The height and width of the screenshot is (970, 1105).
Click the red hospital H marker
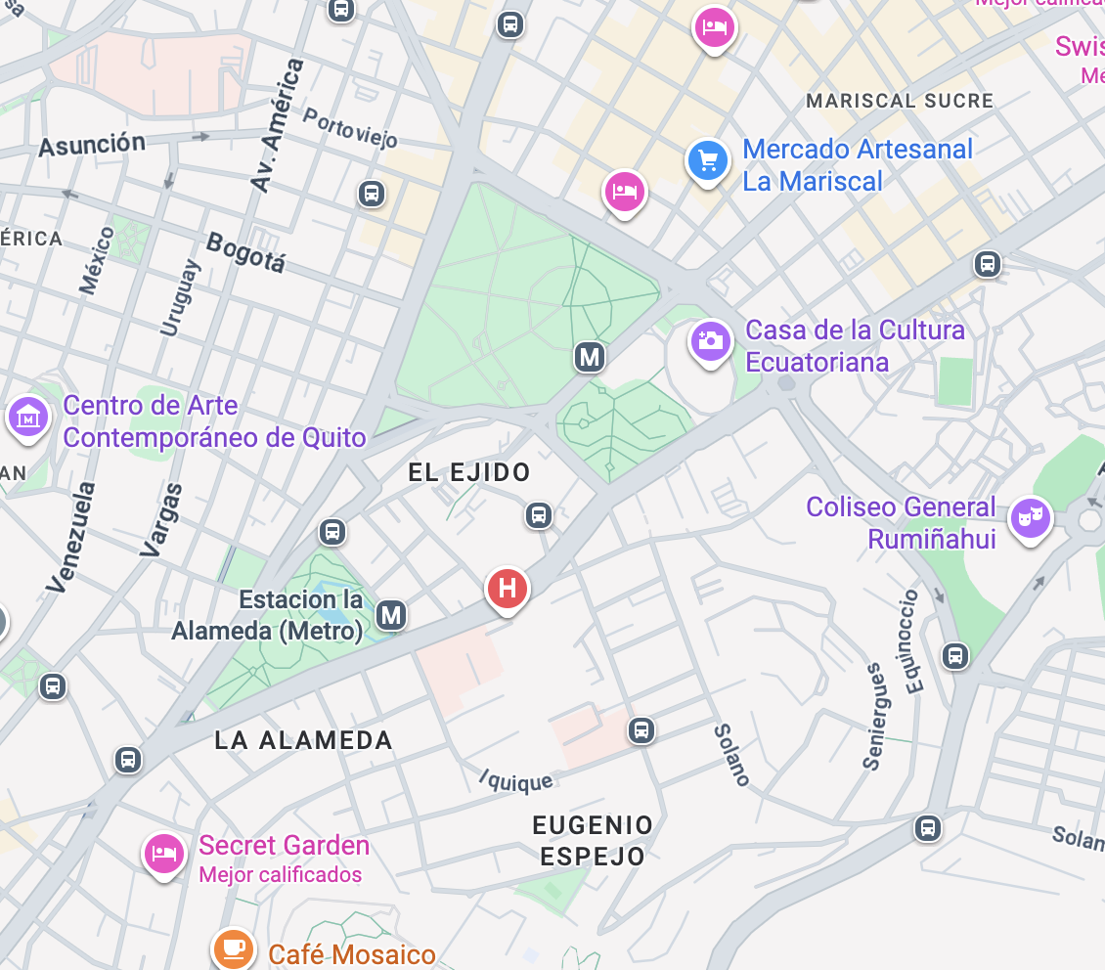pos(508,589)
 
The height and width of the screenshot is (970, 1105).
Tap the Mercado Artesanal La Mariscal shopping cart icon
pos(708,160)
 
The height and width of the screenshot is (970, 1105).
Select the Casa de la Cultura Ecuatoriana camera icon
pos(711,341)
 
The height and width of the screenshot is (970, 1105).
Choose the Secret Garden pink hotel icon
pos(164,853)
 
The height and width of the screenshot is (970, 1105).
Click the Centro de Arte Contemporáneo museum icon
pos(27,418)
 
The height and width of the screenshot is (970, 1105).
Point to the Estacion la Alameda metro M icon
pos(391,615)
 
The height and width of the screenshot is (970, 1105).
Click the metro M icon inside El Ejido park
pos(589,357)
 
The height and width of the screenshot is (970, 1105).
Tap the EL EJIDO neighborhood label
pos(469,473)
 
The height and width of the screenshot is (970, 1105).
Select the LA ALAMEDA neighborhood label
pos(303,740)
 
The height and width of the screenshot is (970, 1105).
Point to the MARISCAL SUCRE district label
pos(899,101)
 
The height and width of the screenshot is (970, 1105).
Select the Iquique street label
pos(516,780)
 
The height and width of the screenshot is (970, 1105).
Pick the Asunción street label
pos(92,146)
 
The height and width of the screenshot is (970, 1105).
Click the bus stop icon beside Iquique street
pos(641,729)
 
